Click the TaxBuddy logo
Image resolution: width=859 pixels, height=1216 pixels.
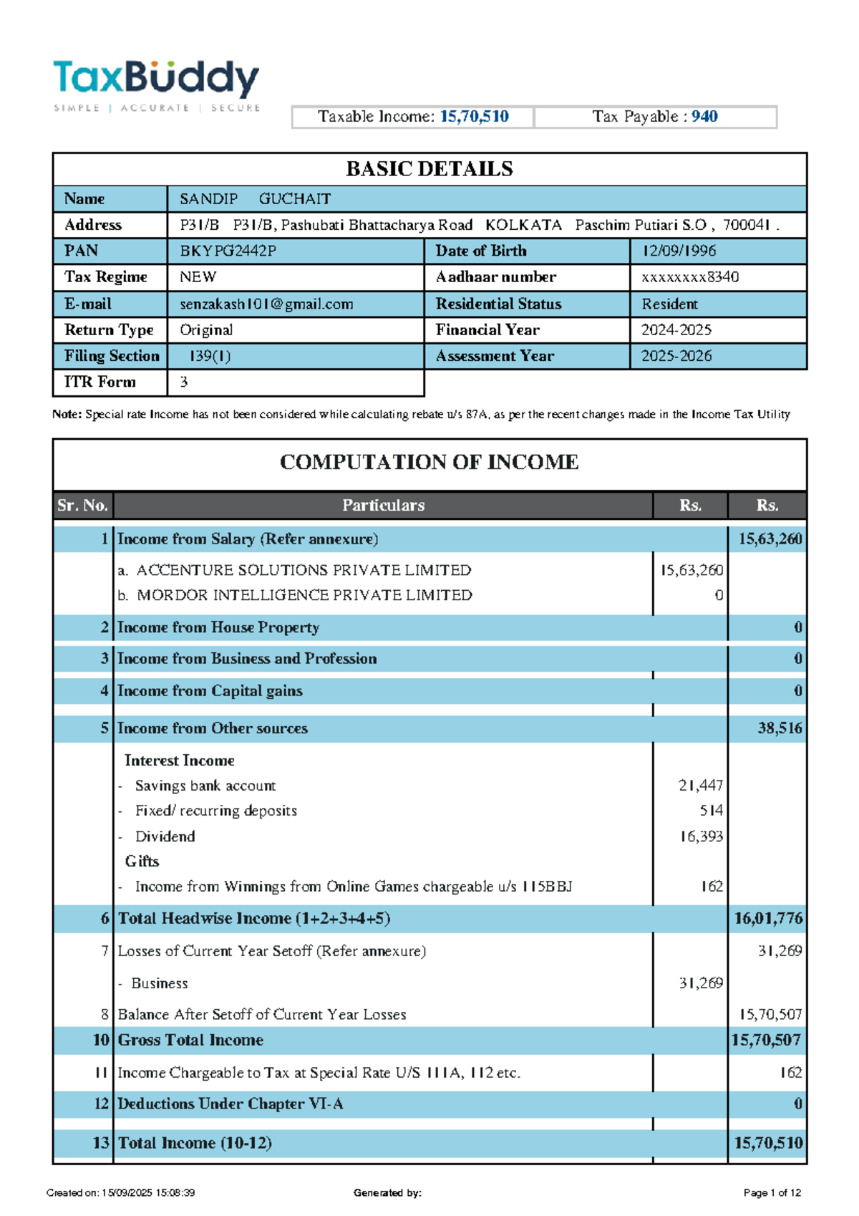(x=156, y=85)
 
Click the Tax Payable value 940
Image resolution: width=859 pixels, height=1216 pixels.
(x=704, y=117)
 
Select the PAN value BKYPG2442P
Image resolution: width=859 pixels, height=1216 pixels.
(x=228, y=251)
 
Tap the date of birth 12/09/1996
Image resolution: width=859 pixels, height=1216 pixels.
(x=679, y=251)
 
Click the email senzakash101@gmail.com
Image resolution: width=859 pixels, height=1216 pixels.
(x=266, y=304)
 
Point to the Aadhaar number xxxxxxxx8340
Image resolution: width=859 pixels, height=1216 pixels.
(x=690, y=277)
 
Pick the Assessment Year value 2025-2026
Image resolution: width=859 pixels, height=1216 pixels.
(x=676, y=356)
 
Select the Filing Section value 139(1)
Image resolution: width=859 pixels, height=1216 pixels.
(x=210, y=356)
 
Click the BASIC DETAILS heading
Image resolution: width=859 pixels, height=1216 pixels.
(x=429, y=169)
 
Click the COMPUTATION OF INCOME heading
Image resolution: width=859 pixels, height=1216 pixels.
(x=429, y=462)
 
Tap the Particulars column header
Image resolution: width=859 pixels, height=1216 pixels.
(x=383, y=506)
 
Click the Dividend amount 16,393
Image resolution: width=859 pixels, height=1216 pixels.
(x=702, y=836)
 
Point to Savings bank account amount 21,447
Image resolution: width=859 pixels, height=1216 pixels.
(x=701, y=786)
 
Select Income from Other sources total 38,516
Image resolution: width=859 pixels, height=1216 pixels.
(x=780, y=728)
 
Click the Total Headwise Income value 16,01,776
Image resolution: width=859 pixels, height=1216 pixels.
(x=768, y=919)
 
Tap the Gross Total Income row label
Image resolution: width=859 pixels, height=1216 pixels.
(x=190, y=1041)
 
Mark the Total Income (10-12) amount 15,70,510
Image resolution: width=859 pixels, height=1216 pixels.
(x=768, y=1143)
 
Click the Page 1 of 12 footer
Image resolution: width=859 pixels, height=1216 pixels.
(x=772, y=1193)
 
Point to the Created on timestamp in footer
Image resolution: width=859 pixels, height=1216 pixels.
(x=120, y=1193)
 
